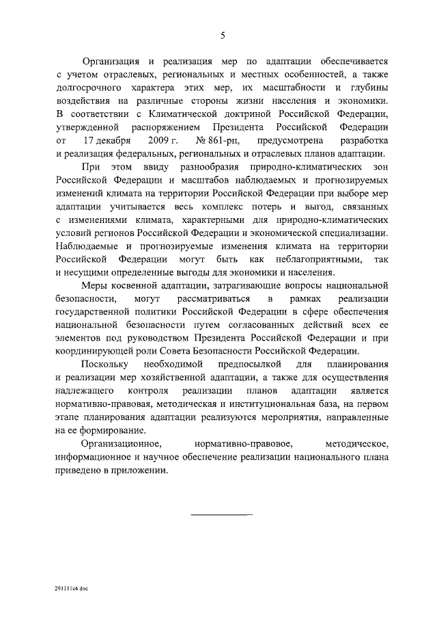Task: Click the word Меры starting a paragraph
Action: [94, 286]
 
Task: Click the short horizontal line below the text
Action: [221, 512]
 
